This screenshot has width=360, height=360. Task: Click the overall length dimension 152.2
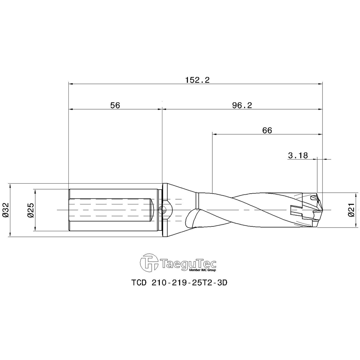point(197,80)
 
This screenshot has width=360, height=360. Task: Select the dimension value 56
point(115,105)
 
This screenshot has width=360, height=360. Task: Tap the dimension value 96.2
point(242,105)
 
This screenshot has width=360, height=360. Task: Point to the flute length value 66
point(267,130)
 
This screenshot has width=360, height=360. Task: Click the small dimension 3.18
point(298,156)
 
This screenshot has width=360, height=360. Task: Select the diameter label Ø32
point(6,210)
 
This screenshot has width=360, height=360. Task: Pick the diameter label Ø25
point(30,210)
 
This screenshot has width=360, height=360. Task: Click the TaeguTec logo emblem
point(148,262)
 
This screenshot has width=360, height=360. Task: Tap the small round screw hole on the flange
point(162,209)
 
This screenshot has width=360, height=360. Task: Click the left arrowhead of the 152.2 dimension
point(71,84)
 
